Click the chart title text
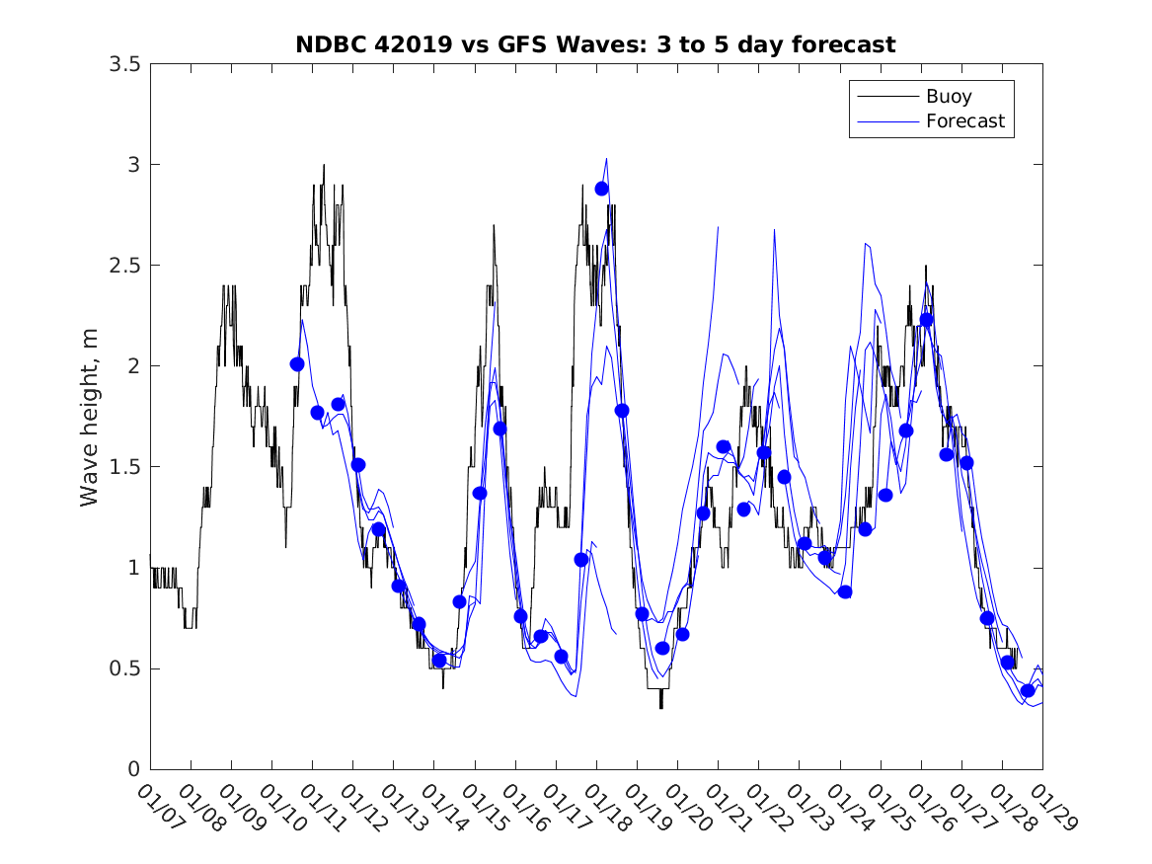[595, 44]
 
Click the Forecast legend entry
[964, 121]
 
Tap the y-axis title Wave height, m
[90, 416]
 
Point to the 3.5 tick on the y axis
[124, 64]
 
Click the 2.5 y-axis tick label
[124, 266]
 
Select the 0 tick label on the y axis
[133, 769]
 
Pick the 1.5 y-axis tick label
[124, 467]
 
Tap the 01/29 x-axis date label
[1049, 807]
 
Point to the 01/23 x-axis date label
[806, 807]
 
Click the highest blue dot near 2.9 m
[601, 189]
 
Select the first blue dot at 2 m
[297, 364]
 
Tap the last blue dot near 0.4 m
[1028, 690]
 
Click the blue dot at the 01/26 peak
[926, 320]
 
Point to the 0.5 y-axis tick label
[124, 668]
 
